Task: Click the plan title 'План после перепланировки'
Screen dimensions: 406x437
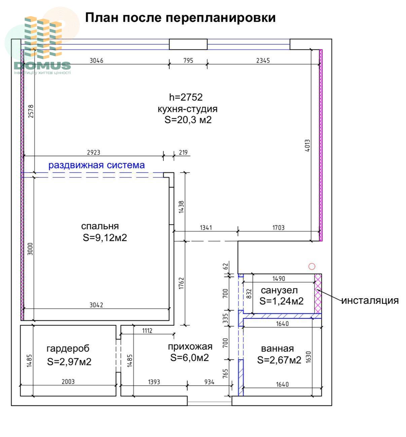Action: pyautogui.click(x=180, y=17)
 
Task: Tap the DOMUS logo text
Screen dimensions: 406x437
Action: pyautogui.click(x=42, y=65)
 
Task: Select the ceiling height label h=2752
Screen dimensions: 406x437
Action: pyautogui.click(x=186, y=97)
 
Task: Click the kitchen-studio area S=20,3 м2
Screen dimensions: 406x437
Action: pyautogui.click(x=188, y=120)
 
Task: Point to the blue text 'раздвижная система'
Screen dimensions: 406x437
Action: pyautogui.click(x=97, y=165)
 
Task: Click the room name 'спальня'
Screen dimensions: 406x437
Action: pyautogui.click(x=100, y=226)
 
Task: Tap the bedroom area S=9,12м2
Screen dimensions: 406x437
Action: pyautogui.click(x=105, y=238)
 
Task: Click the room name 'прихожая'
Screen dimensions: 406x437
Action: pyautogui.click(x=190, y=347)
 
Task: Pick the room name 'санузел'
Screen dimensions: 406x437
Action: pyautogui.click(x=279, y=290)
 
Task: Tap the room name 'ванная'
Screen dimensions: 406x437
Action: pyautogui.click(x=278, y=349)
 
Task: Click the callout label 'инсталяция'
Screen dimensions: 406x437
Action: pyautogui.click(x=370, y=301)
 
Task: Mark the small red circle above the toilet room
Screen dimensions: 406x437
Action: pyautogui.click(x=312, y=267)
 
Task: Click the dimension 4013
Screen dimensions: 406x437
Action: pyautogui.click(x=307, y=146)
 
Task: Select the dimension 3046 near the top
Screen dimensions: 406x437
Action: pyautogui.click(x=96, y=61)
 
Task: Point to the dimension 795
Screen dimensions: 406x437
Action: pyautogui.click(x=188, y=61)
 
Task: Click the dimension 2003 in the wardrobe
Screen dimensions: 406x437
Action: pyautogui.click(x=68, y=382)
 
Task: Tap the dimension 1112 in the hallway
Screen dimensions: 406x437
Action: pyautogui.click(x=147, y=331)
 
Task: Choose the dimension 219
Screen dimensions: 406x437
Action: pyautogui.click(x=183, y=152)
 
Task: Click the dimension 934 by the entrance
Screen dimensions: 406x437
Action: pyautogui.click(x=209, y=382)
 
